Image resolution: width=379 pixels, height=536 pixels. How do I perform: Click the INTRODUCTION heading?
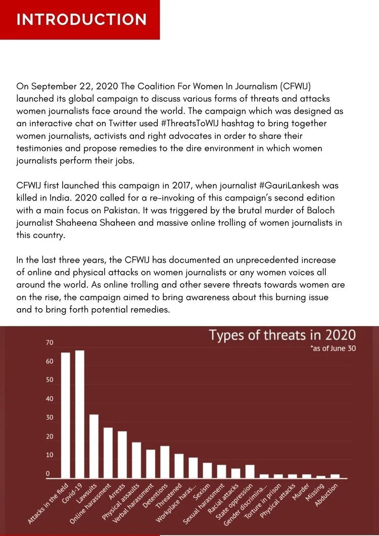(x=81, y=20)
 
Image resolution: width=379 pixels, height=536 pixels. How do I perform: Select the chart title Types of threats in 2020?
(x=282, y=335)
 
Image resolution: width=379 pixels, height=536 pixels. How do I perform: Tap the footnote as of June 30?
(x=333, y=349)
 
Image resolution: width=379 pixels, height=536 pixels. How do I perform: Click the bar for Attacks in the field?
(x=65, y=415)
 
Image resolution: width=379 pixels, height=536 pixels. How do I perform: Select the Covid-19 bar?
(x=80, y=414)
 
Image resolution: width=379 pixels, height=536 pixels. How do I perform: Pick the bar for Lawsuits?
(x=93, y=446)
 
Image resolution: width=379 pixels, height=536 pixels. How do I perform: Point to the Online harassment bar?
(x=108, y=453)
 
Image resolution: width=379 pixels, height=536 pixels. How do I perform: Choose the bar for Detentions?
(x=165, y=462)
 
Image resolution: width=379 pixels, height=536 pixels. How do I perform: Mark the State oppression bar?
(x=250, y=471)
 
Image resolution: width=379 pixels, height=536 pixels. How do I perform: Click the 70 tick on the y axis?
(x=50, y=343)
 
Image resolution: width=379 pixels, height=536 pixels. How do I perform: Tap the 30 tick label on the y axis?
(x=50, y=417)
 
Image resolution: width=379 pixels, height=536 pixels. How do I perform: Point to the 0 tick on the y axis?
(x=48, y=474)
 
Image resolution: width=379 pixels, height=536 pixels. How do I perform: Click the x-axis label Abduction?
(x=326, y=495)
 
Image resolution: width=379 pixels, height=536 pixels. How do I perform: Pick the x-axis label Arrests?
(x=117, y=492)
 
